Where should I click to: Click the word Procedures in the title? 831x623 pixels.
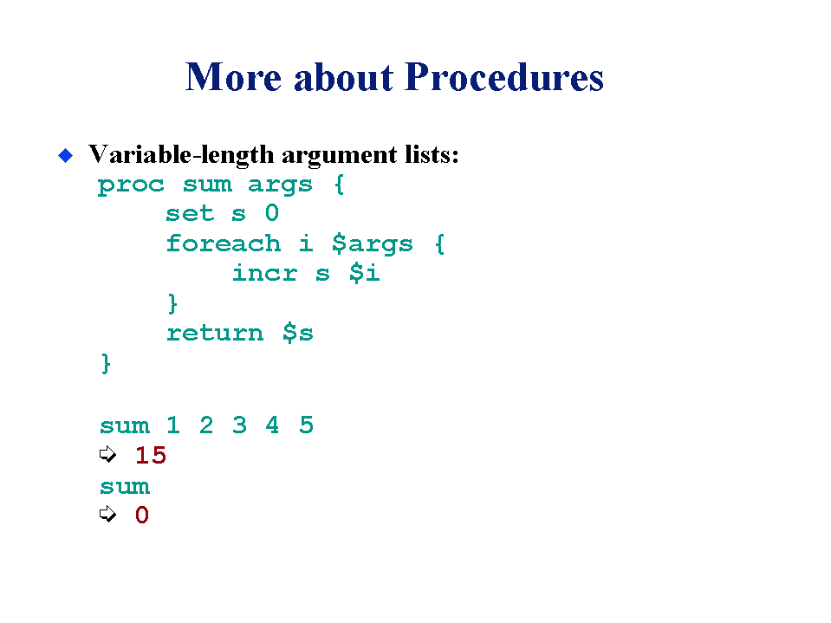[x=504, y=77]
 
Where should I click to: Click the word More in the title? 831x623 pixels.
[x=233, y=77]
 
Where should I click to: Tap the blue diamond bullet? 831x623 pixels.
[x=65, y=155]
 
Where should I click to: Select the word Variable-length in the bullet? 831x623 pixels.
[x=181, y=156]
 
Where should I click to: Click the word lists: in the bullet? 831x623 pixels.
[x=432, y=154]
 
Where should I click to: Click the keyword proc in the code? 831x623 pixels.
[x=131, y=186]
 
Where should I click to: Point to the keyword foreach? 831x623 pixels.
[x=223, y=243]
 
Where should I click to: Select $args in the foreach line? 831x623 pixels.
[x=372, y=244]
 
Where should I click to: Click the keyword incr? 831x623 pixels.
[x=264, y=273]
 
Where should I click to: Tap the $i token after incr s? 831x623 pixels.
[x=365, y=273]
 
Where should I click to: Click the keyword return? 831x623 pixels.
[x=215, y=334]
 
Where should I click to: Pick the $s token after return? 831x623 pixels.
[x=298, y=334]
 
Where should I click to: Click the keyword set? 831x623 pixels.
[x=190, y=214]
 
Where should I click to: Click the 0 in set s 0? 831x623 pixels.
[x=272, y=213]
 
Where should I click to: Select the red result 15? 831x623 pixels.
[x=151, y=455]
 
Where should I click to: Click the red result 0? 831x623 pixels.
[x=141, y=515]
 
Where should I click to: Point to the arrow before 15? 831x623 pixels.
[x=107, y=454]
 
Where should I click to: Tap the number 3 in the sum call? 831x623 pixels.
[x=239, y=425]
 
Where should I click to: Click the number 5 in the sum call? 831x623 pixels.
[x=307, y=425]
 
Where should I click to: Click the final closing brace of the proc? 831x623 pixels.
[x=106, y=364]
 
